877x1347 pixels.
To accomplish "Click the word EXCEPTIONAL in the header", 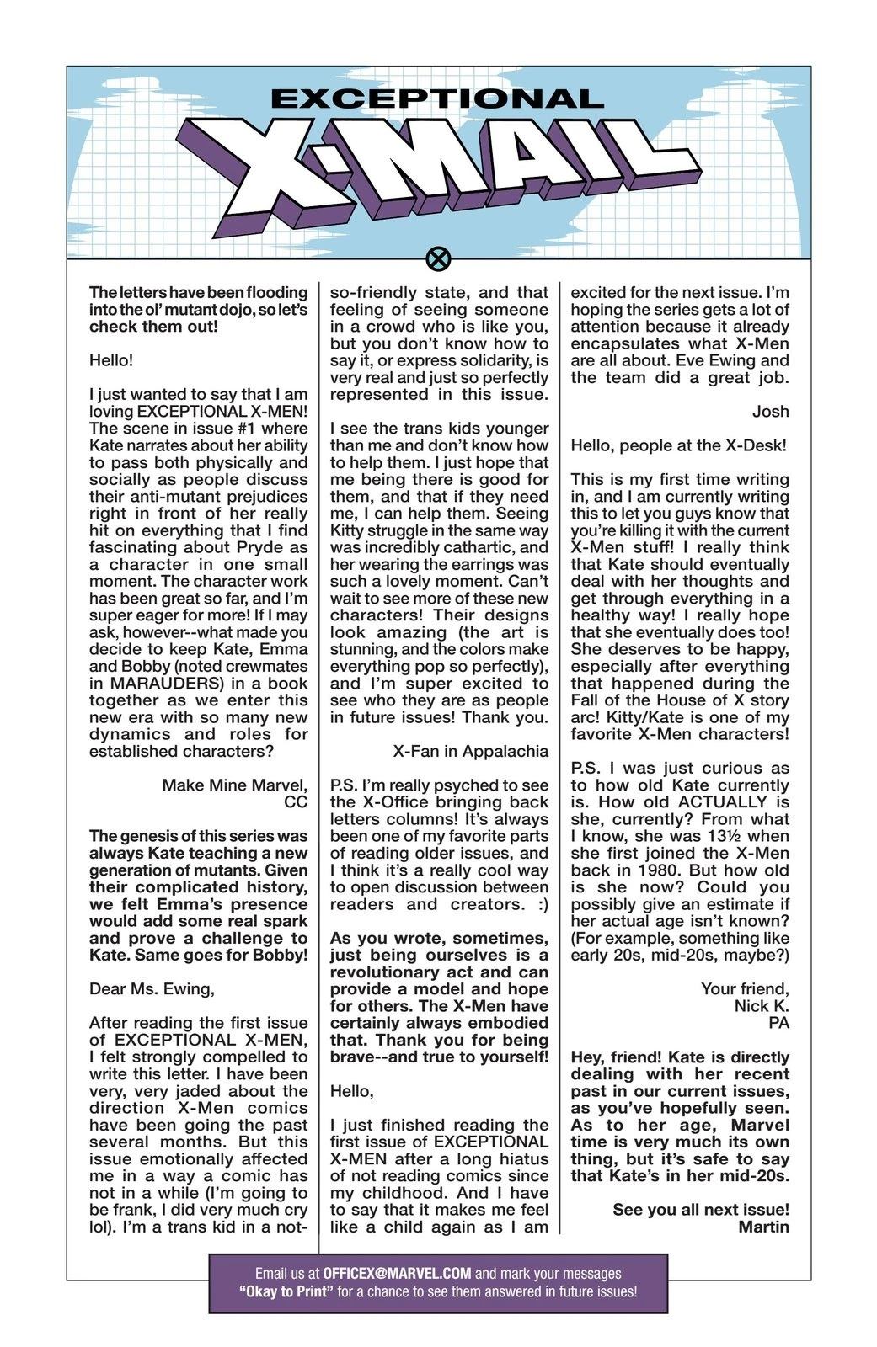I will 437,98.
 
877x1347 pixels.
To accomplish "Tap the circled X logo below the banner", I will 437,258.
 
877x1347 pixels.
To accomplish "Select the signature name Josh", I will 771,411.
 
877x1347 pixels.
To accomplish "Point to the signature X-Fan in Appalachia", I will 470,751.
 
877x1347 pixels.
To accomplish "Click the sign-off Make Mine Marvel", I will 235,785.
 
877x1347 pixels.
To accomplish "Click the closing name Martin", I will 763,1226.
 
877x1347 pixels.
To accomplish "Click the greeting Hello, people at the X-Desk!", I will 678,445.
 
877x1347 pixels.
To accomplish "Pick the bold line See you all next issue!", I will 701,1209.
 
